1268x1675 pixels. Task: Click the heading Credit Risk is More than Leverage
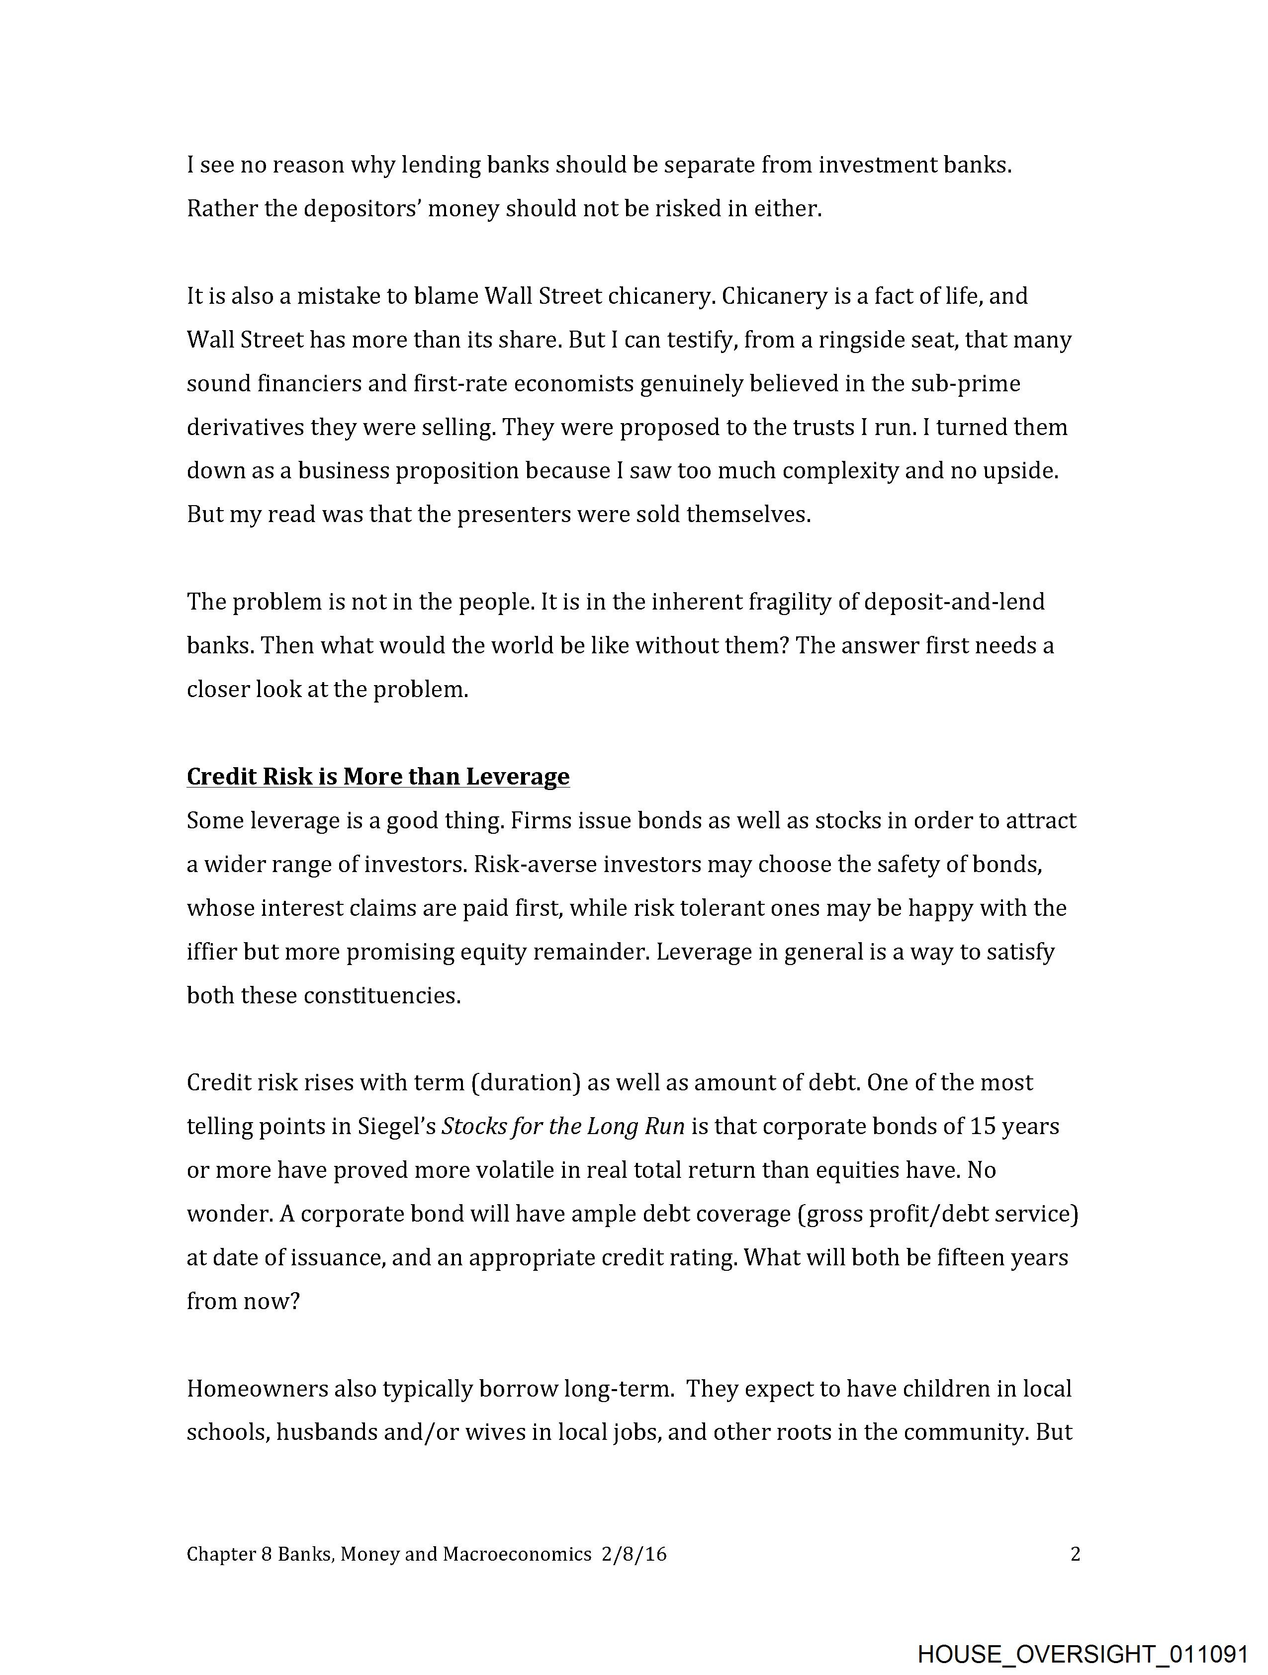click(378, 777)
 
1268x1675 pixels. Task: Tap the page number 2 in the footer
click(1075, 1554)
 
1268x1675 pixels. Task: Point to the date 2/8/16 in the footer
click(634, 1554)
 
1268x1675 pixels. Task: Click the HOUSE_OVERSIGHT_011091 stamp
click(1083, 1653)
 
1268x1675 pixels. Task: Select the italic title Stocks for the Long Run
click(563, 1127)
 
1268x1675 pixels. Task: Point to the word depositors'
click(362, 209)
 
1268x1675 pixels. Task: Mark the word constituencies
click(382, 996)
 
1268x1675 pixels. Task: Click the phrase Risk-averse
click(535, 865)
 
